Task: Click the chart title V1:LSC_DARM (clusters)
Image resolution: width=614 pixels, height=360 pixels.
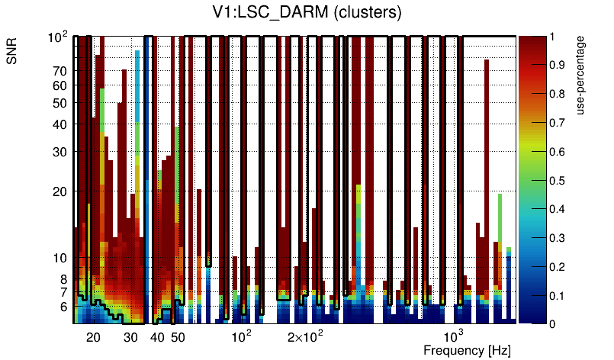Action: tap(307, 13)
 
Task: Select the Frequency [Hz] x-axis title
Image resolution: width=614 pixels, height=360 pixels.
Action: tap(467, 350)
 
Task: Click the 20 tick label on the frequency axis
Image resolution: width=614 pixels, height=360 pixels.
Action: tap(93, 337)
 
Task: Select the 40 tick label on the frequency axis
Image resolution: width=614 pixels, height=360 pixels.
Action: tap(157, 337)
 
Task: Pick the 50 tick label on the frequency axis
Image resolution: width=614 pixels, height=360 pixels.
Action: tap(177, 337)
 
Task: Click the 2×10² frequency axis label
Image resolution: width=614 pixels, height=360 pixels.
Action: tap(305, 336)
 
